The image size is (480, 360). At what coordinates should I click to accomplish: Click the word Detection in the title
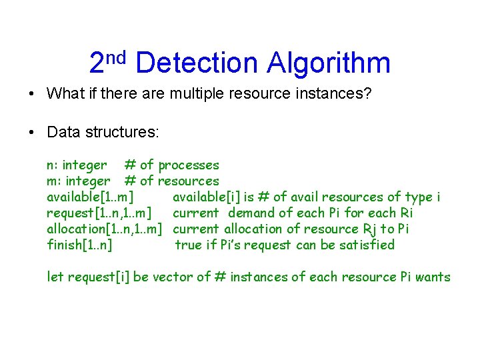pyautogui.click(x=197, y=63)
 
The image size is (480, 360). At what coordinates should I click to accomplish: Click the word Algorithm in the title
pyautogui.click(x=329, y=63)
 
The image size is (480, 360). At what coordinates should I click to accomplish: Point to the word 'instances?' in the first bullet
pyautogui.click(x=339, y=93)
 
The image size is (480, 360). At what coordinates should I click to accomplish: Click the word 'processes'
pyautogui.click(x=189, y=165)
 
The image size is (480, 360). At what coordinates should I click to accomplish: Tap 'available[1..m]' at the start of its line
pyautogui.click(x=89, y=197)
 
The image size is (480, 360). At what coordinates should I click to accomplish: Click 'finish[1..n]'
pyautogui.click(x=79, y=245)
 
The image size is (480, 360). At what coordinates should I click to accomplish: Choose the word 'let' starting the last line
pyautogui.click(x=55, y=277)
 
